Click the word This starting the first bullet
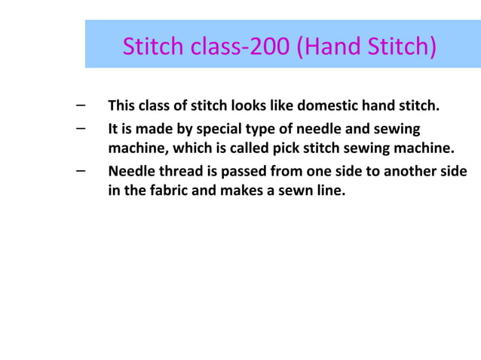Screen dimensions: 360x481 (123, 105)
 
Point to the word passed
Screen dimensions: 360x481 (237, 171)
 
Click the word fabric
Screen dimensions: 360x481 (167, 190)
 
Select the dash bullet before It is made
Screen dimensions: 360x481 (80, 127)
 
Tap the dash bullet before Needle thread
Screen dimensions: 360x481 (80, 169)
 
